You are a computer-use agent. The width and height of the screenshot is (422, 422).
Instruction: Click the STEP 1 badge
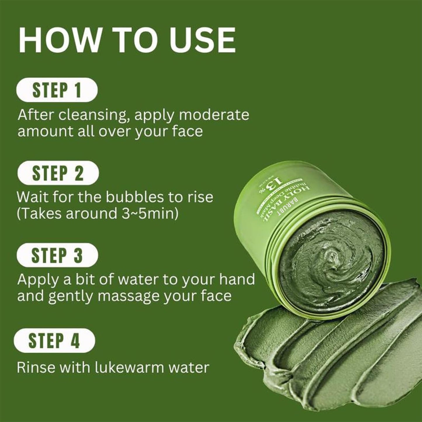(x=57, y=90)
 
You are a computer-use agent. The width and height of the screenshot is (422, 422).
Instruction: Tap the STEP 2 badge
(x=58, y=173)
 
